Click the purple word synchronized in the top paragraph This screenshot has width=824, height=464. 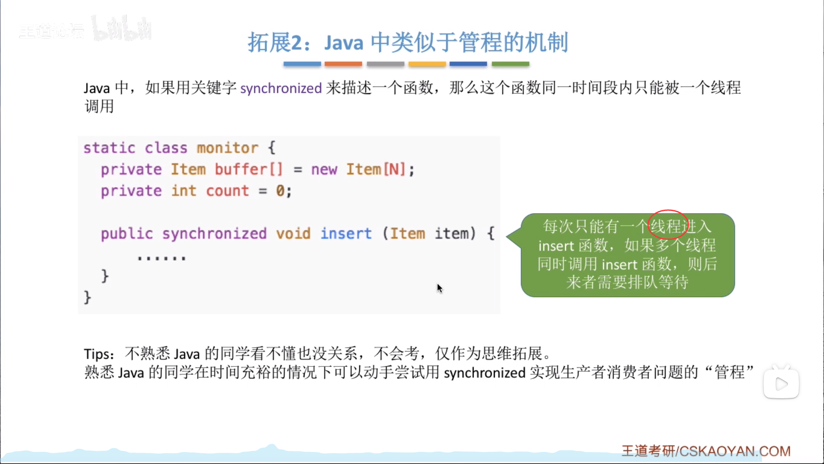point(281,89)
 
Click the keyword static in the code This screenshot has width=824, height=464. point(109,148)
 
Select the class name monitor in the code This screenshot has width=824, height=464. point(227,148)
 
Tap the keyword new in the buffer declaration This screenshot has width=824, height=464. point(324,169)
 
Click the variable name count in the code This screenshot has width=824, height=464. point(227,191)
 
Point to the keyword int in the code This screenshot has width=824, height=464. point(184,190)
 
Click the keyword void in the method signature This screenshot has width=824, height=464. point(293,233)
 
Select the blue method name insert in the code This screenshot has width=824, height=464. point(346,233)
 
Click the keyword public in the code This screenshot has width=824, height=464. point(127,234)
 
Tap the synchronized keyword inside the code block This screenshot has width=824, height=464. point(214,234)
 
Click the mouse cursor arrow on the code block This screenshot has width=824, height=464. point(439,288)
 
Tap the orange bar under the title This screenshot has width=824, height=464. point(343,64)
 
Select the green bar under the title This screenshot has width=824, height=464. point(510,64)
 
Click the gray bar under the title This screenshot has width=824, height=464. point(385,64)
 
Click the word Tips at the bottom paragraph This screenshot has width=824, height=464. point(98,354)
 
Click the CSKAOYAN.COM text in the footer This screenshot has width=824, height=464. point(735,451)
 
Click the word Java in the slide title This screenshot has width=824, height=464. point(344,43)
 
